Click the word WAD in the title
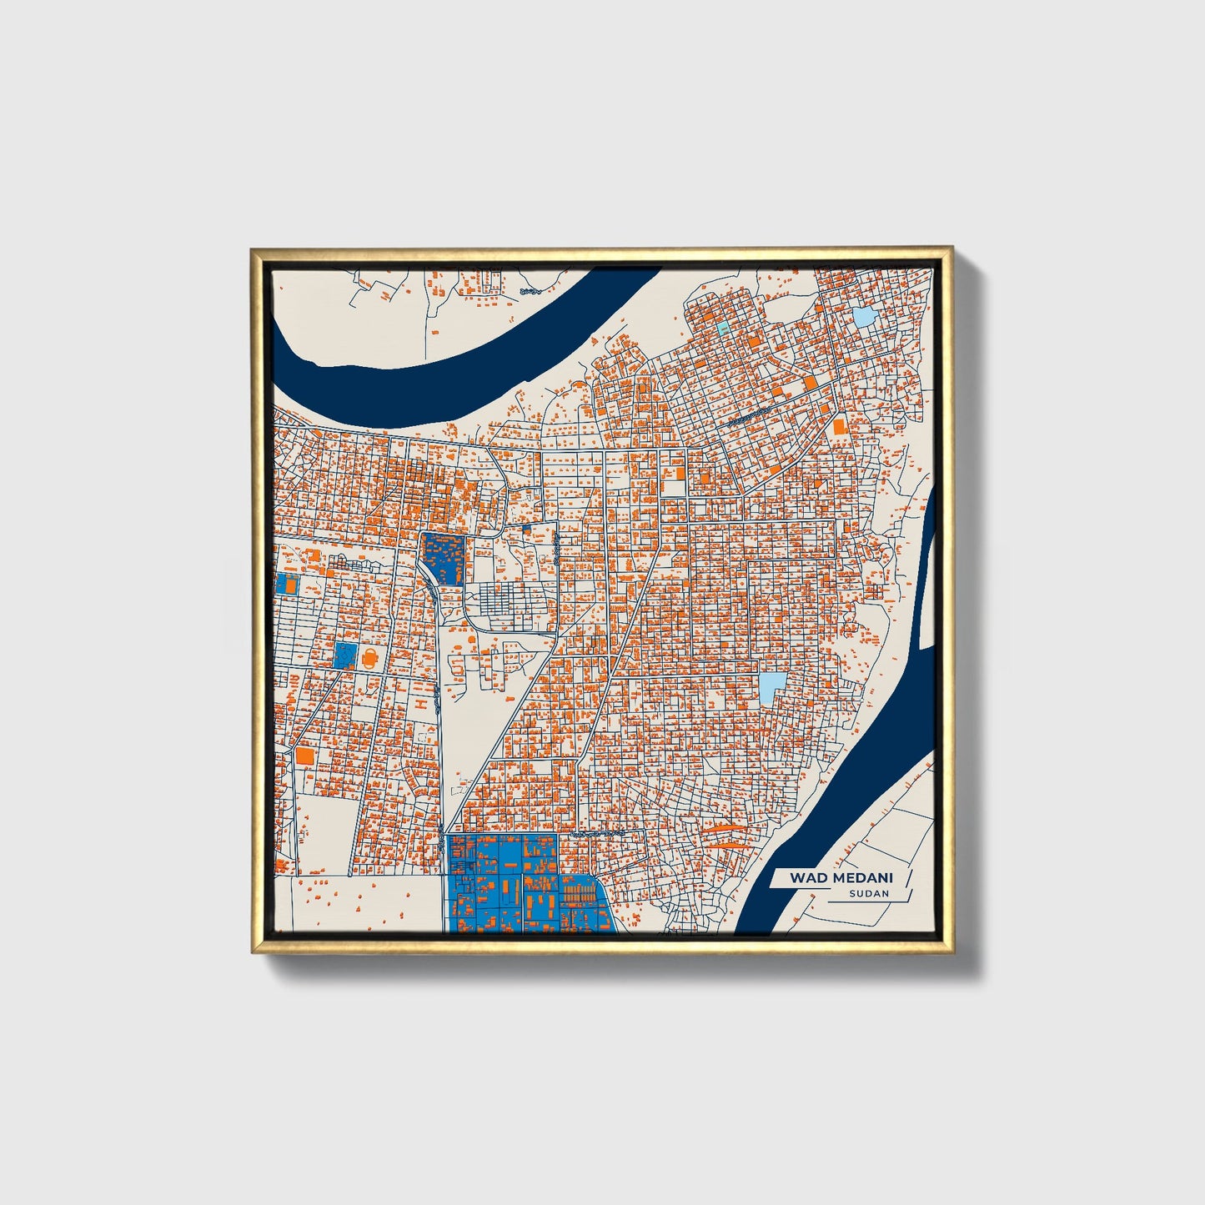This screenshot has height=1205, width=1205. point(805,877)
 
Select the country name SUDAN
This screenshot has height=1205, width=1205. point(869,893)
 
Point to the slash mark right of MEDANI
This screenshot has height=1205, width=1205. point(906,878)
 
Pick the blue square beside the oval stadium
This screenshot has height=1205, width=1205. point(344,655)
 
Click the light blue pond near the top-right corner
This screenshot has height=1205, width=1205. point(863,316)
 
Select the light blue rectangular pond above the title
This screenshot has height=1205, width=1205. point(771,688)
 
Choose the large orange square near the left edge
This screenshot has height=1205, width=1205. point(304,756)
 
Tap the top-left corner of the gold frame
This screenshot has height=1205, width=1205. point(254,249)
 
